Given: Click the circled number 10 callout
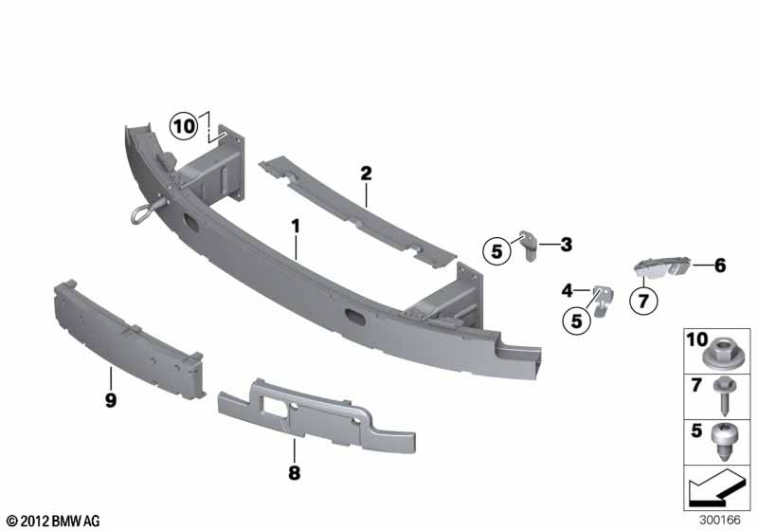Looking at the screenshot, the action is click(184, 127).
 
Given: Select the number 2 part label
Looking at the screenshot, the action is click(366, 174).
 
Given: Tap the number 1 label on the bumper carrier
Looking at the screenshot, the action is click(295, 227).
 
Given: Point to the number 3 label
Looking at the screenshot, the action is click(566, 245).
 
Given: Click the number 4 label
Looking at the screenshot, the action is click(567, 291).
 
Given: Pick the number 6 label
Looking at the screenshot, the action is click(720, 265).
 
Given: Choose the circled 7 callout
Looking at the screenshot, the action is click(643, 302).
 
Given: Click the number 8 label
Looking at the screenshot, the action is click(294, 472).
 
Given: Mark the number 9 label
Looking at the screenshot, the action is click(111, 400).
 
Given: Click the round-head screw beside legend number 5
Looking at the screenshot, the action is click(724, 441).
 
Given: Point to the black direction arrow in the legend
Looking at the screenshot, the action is click(715, 487).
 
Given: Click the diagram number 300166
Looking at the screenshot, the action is click(720, 520).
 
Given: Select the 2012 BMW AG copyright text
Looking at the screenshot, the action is click(53, 521).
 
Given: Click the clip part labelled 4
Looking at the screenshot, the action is click(601, 301).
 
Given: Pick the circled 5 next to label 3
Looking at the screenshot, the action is click(496, 251).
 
